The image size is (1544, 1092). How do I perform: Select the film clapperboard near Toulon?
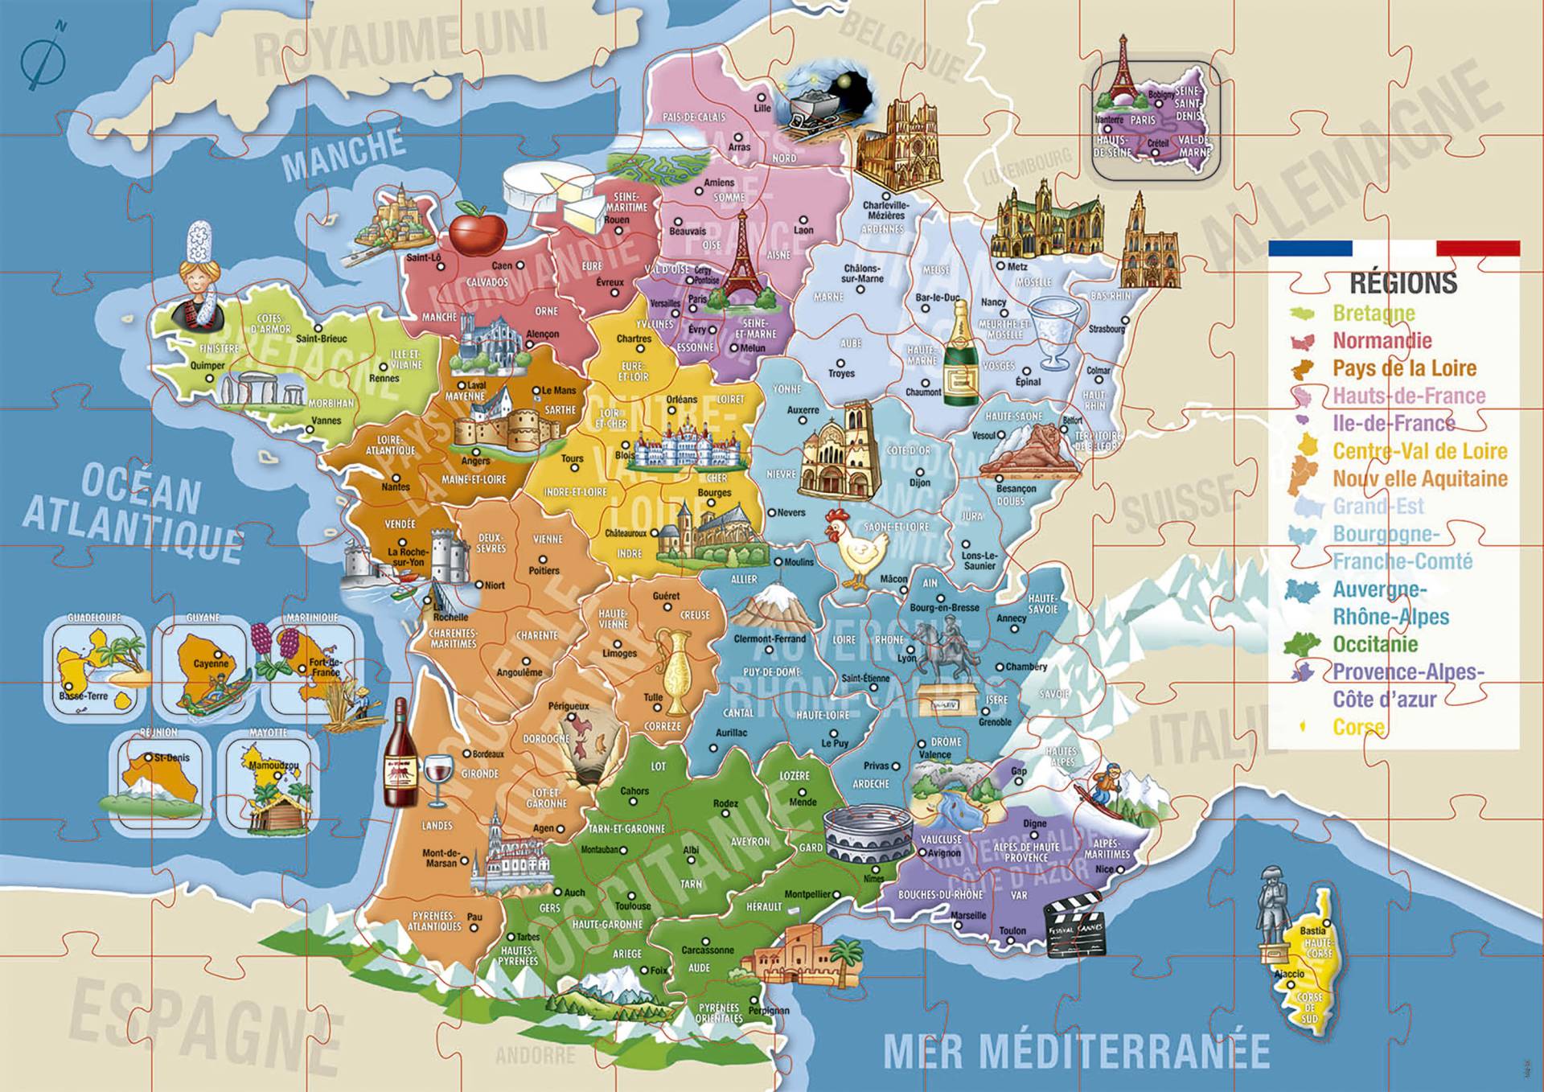point(1074,924)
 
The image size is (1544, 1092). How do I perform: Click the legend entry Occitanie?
point(1374,644)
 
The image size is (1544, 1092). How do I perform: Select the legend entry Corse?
point(1358,727)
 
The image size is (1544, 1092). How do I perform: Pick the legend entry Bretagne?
point(1373,313)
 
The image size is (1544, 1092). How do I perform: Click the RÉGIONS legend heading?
point(1402,283)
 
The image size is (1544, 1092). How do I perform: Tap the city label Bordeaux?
point(488,754)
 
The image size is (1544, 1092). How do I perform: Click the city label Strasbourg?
point(1107,329)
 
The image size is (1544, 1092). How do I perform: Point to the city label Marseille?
point(967,915)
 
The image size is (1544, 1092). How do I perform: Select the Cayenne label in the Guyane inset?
point(211,664)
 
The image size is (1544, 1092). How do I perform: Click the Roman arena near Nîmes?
point(868,836)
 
